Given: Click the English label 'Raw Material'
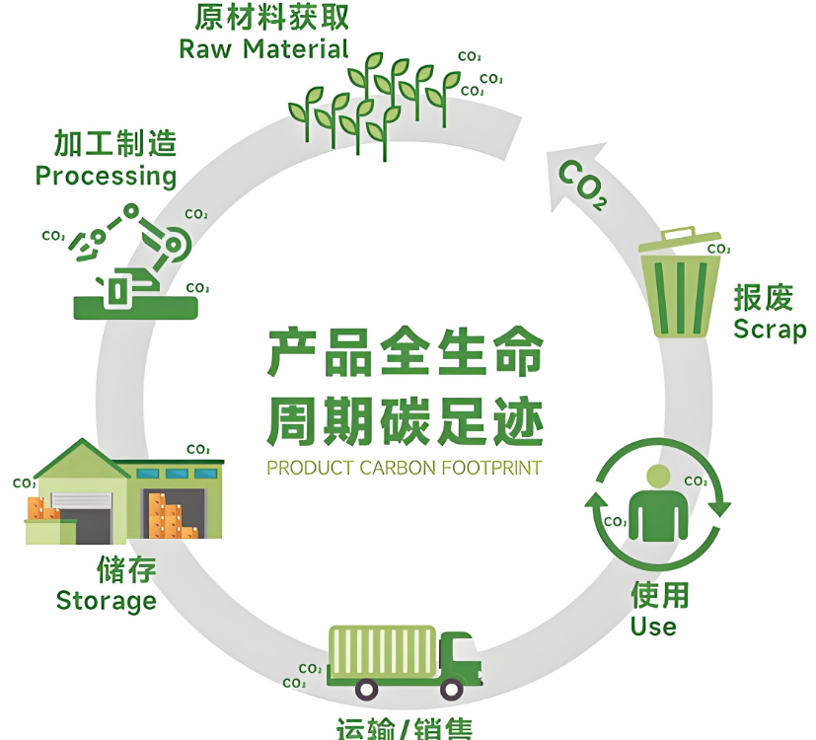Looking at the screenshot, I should [263, 48].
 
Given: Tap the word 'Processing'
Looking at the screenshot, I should [106, 176].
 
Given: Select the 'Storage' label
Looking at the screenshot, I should [106, 600].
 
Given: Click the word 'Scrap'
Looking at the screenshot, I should [770, 330].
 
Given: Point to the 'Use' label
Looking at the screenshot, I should [653, 626].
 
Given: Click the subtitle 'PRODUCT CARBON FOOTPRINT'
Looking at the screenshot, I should [405, 467].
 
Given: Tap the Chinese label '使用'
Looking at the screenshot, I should [659, 595].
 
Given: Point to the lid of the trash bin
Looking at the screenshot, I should [679, 240].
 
